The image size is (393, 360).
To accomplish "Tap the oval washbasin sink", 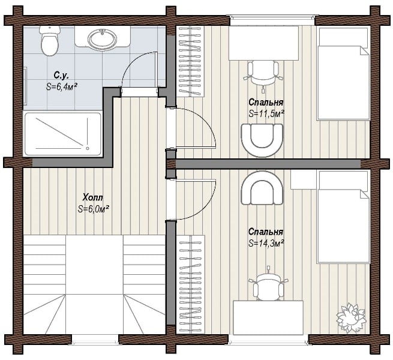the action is tap(102, 39).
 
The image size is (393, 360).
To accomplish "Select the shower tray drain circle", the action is tap(88, 148).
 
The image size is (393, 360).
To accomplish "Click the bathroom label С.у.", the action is tap(61, 75).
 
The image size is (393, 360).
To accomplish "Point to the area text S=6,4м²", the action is tap(61, 86).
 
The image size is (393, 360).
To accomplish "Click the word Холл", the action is tap(93, 197).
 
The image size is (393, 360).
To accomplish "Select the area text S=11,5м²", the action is tap(266, 113).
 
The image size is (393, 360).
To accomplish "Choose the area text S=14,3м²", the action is tap(266, 243).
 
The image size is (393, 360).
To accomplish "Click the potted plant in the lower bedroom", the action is tap(350, 318).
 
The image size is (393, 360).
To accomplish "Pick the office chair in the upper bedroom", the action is tap(263, 74).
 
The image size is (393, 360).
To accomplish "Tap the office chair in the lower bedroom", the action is tap(268, 285).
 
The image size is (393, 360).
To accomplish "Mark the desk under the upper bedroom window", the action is tap(263, 43).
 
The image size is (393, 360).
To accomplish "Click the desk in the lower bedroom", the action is tap(268, 317).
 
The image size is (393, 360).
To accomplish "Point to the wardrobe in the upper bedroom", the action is tap(190, 61).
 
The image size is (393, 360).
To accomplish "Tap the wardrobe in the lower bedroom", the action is tap(191, 284).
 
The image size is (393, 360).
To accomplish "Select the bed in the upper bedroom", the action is tap(343, 73).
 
